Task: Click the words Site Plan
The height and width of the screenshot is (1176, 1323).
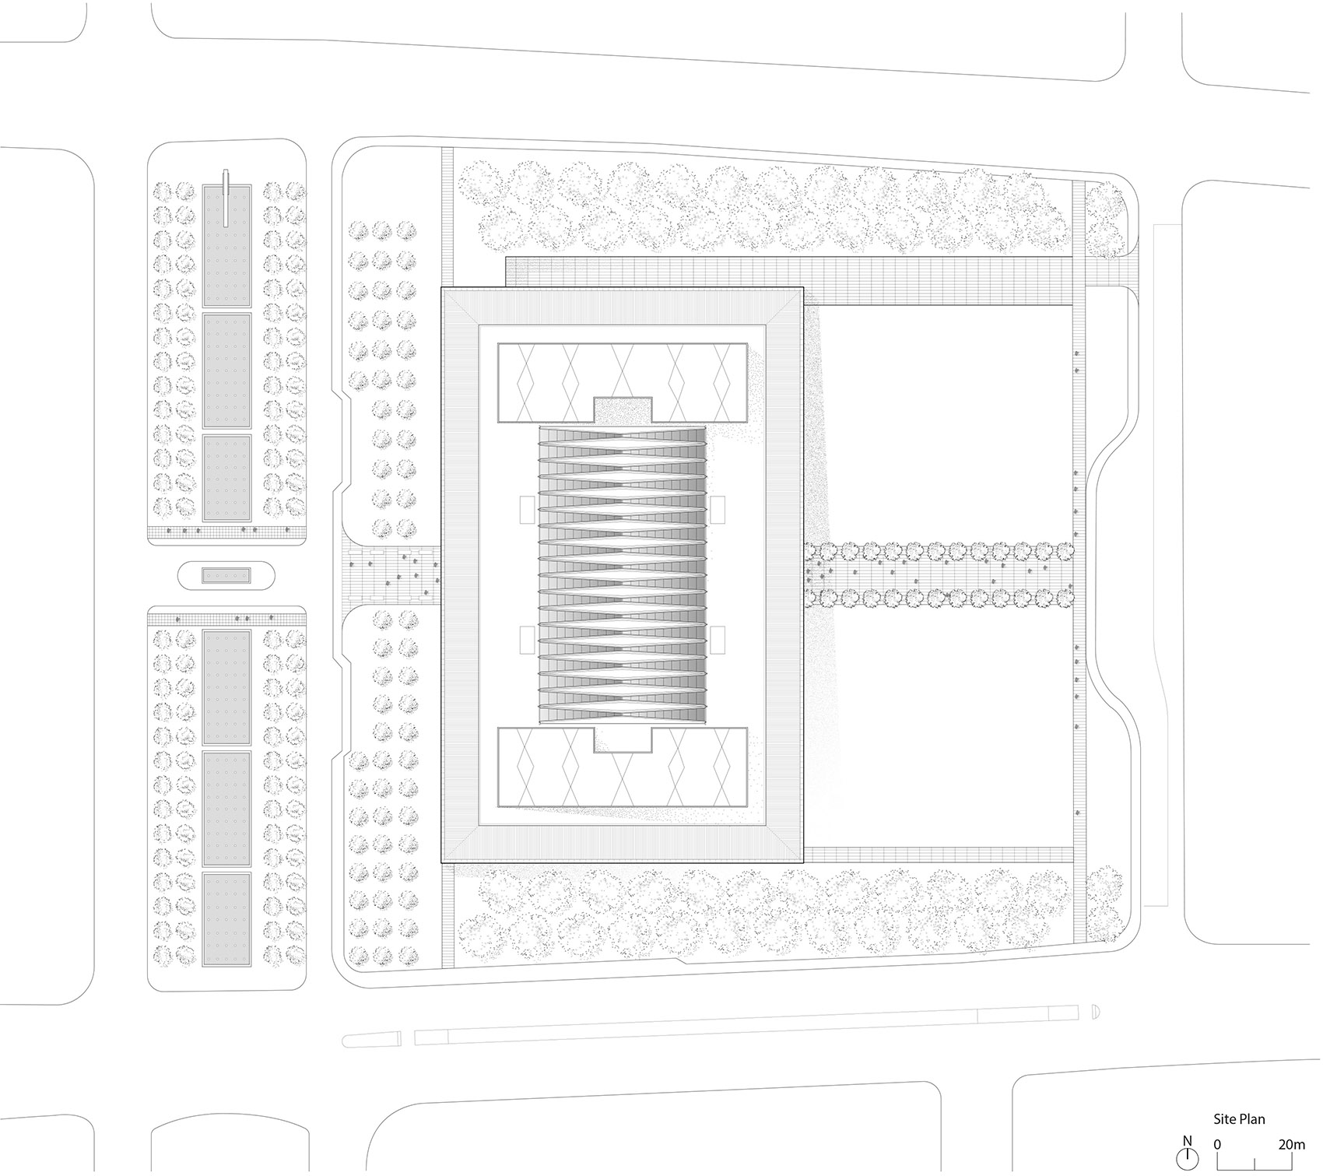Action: (1239, 1119)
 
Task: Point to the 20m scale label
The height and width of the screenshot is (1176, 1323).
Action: (1291, 1145)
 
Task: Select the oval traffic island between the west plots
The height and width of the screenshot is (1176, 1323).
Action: (226, 576)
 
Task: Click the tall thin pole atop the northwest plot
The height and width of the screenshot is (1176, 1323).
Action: (226, 198)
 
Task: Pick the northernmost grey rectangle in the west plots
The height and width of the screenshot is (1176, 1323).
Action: (227, 246)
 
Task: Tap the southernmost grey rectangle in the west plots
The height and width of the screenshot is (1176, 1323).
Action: (227, 918)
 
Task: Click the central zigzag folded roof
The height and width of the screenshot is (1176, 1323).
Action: (622, 574)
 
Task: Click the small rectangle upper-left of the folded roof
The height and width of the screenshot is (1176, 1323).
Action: (525, 511)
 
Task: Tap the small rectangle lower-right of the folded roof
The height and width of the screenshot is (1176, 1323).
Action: (718, 640)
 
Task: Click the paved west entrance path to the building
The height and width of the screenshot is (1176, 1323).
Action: (393, 574)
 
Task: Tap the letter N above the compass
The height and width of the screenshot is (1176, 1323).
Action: (1187, 1142)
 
